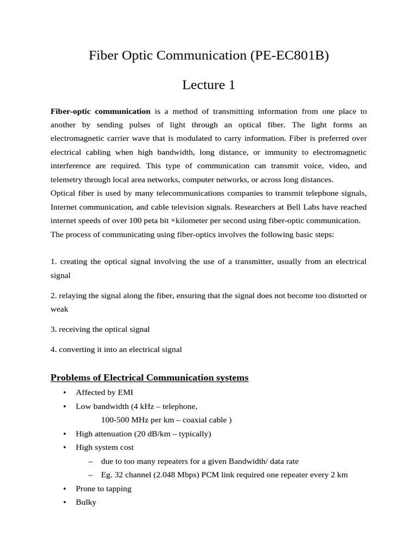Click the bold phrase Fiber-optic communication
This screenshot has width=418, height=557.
pos(100,112)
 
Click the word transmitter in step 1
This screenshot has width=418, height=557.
pos(252,262)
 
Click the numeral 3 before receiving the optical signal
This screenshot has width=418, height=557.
pos(53,329)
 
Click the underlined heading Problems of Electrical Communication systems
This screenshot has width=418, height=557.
pos(149,377)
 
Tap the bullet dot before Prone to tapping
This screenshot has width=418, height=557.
pos(64,489)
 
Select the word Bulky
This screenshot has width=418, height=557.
pos(86,503)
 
